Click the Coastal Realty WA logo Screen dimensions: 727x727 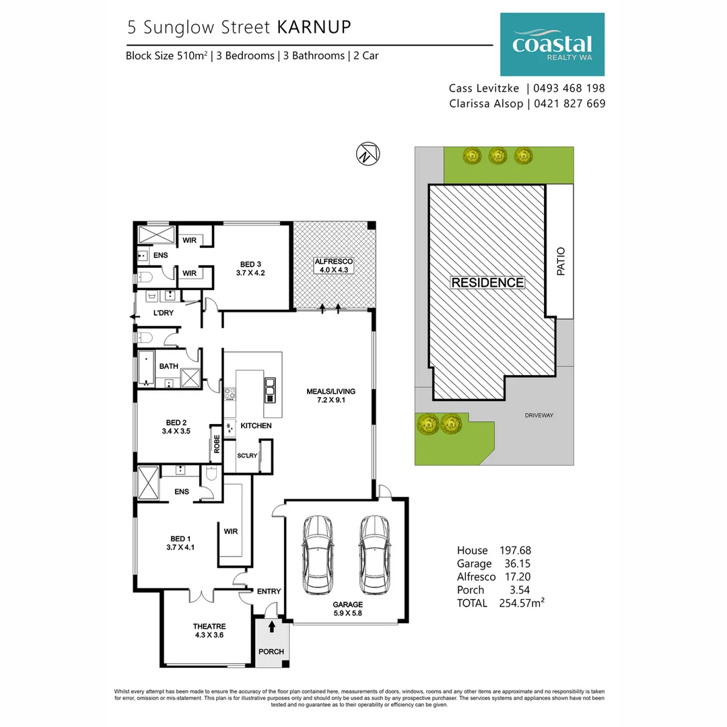tap(552, 44)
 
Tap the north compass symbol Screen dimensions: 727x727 tap(364, 154)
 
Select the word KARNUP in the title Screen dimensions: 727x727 tap(314, 27)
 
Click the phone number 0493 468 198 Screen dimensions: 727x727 tap(569, 88)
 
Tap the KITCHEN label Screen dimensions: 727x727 tap(256, 425)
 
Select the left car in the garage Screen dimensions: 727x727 tap(317, 555)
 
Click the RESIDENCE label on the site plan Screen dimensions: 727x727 tap(487, 283)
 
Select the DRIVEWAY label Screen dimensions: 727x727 tap(539, 415)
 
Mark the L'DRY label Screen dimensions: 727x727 tap(164, 313)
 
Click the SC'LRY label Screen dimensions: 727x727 tap(247, 456)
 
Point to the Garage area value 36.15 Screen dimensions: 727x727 tap(517, 563)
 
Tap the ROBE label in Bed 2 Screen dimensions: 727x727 tap(217, 444)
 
